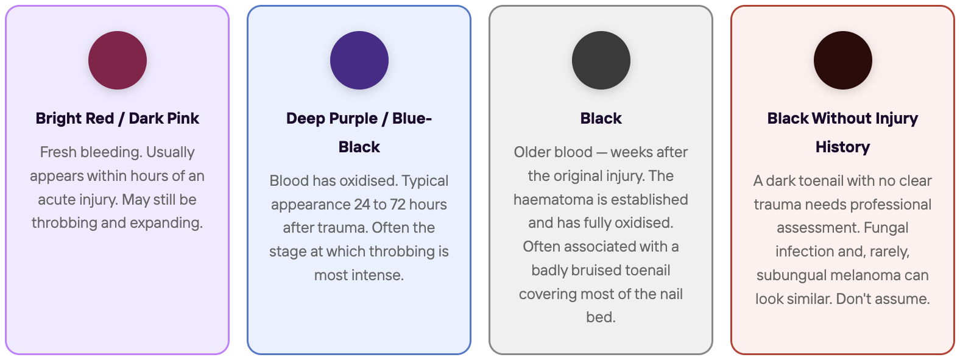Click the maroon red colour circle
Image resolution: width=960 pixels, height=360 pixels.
coord(118,60)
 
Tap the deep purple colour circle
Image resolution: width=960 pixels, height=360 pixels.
coord(359,60)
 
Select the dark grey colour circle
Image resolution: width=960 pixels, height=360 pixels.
coord(601,60)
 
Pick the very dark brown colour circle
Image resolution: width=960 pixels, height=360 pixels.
coord(842,60)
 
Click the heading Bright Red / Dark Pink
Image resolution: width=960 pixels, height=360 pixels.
coord(118,118)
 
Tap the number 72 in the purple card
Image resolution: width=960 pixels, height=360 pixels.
coord(397,205)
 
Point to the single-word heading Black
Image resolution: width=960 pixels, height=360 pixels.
coord(601,118)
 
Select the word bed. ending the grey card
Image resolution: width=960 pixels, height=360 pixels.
coord(601,317)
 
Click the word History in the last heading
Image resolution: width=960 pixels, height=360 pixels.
coord(842,147)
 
